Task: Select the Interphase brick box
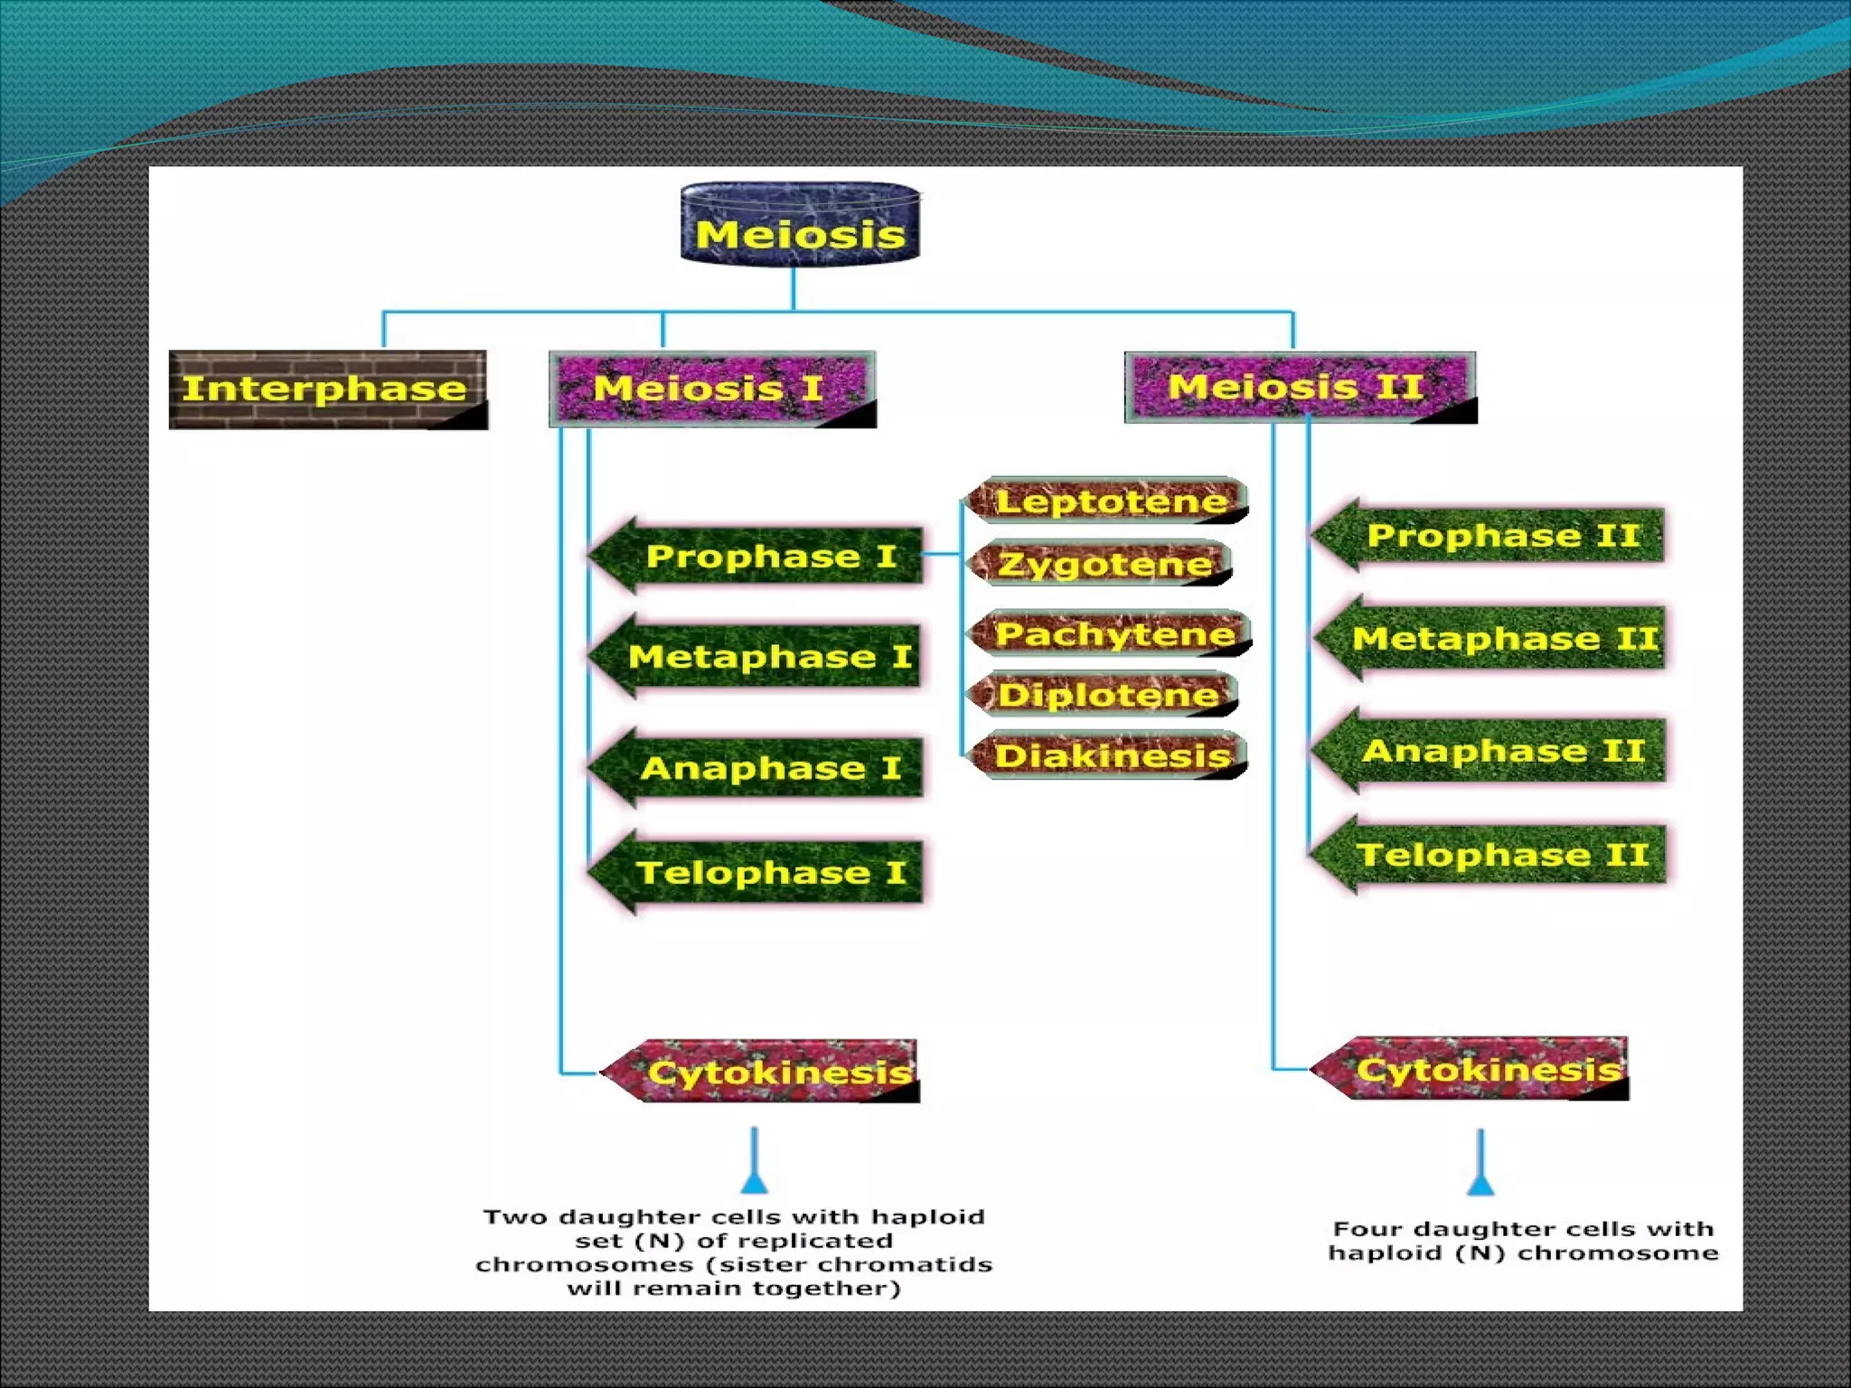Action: pos(327,389)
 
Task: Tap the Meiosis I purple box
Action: pos(711,389)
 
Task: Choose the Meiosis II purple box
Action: pos(1299,388)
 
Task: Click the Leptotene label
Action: pos(1110,501)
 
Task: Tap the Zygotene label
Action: pos(1103,564)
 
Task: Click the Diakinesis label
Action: pos(1110,755)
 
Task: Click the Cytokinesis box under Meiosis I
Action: pos(768,1072)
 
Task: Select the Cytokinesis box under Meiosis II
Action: pos(1478,1069)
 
